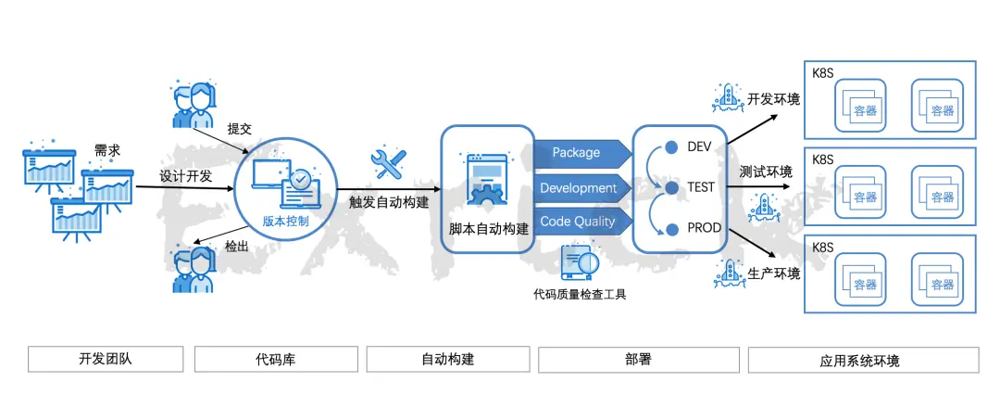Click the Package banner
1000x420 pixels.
pyautogui.click(x=576, y=153)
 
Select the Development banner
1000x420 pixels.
pyautogui.click(x=578, y=188)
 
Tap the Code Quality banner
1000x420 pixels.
pyautogui.click(x=577, y=222)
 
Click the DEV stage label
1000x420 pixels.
pyautogui.click(x=699, y=146)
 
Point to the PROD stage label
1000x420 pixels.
pyautogui.click(x=705, y=227)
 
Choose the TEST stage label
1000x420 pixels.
pyautogui.click(x=701, y=186)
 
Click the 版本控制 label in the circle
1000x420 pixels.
pyautogui.click(x=286, y=222)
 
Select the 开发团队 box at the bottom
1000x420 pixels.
pyautogui.click(x=106, y=359)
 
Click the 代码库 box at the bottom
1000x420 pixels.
pyautogui.click(x=275, y=359)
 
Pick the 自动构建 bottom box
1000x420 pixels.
pyautogui.click(x=448, y=359)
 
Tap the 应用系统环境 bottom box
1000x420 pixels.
pyautogui.click(x=863, y=360)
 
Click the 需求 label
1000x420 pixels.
pyautogui.click(x=107, y=150)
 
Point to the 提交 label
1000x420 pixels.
pyautogui.click(x=239, y=129)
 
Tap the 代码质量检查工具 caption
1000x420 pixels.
pyautogui.click(x=581, y=295)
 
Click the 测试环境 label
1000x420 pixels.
pyautogui.click(x=766, y=172)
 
